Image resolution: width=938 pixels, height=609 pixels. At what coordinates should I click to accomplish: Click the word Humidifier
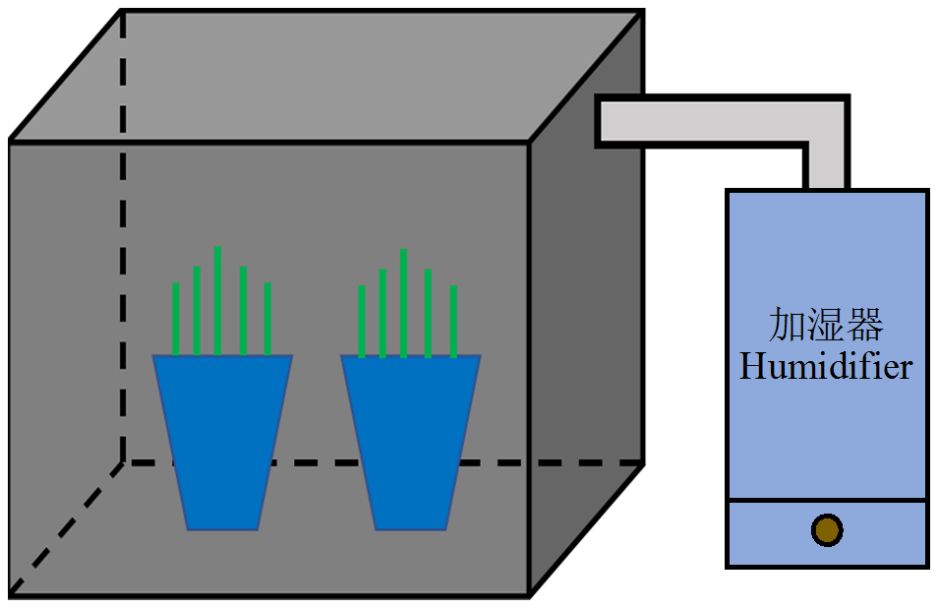pos(826,368)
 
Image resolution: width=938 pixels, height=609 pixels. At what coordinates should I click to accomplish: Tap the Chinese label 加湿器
pos(826,324)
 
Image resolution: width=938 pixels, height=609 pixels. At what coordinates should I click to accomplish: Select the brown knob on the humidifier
pos(827,530)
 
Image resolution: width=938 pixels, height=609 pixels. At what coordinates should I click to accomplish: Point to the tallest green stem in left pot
pos(217,300)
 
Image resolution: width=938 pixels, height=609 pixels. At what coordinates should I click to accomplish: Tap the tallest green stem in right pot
pos(403,303)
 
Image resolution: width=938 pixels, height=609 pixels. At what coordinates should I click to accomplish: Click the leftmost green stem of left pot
pos(176,319)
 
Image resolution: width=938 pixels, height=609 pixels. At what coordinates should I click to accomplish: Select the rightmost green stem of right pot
pos(453,321)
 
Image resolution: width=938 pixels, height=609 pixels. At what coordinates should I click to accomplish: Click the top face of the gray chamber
pos(324,74)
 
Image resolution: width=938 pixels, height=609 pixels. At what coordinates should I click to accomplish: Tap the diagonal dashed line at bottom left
pos(64,528)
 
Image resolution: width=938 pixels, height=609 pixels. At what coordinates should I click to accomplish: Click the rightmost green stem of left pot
pos(267,319)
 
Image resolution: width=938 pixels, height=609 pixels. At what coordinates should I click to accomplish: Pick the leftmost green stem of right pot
pos(362,321)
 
